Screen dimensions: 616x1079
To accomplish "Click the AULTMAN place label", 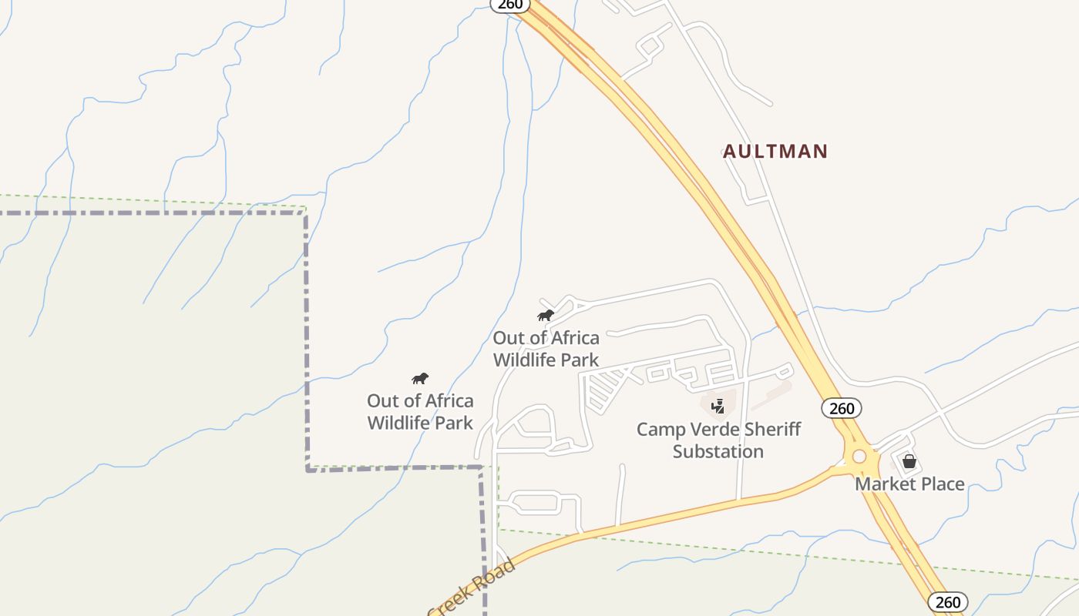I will pyautogui.click(x=775, y=152).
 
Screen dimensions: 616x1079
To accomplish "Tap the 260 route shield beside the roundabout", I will pyautogui.click(x=841, y=408).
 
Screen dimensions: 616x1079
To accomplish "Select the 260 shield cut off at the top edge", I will pyautogui.click(x=510, y=5).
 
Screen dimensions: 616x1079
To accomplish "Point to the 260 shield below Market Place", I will pyautogui.click(x=947, y=602).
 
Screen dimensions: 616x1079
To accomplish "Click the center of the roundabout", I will pyautogui.click(x=859, y=457).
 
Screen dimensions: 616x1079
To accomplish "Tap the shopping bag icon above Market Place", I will pyautogui.click(x=909, y=461).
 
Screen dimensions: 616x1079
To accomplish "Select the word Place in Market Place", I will pyautogui.click(x=941, y=484).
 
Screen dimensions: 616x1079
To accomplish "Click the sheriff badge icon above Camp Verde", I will pyautogui.click(x=718, y=406).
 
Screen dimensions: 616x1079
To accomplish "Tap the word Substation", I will pyautogui.click(x=718, y=451).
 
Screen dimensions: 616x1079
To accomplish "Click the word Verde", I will pyautogui.click(x=718, y=429).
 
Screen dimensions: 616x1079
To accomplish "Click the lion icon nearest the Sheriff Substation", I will pyautogui.click(x=546, y=315).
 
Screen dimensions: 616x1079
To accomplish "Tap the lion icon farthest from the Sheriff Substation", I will pyautogui.click(x=419, y=378).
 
